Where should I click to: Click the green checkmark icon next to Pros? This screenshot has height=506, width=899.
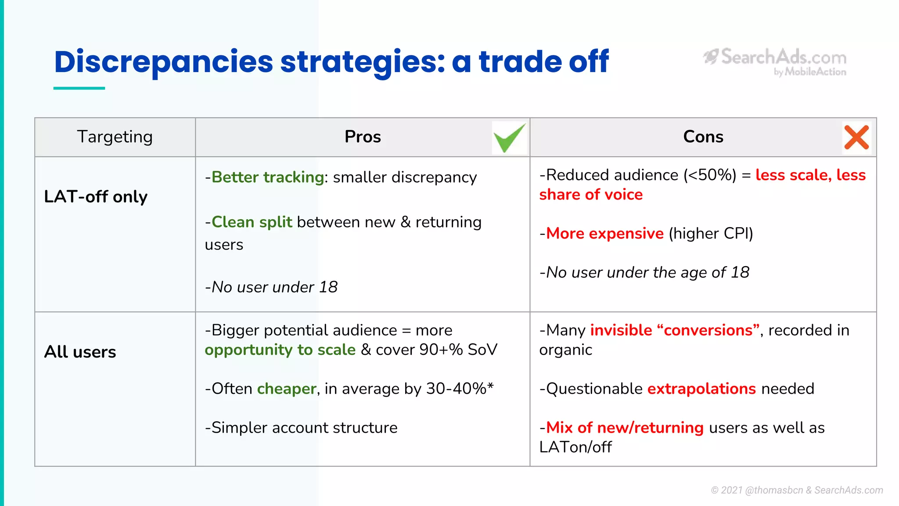(509, 137)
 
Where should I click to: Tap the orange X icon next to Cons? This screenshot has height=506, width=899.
(856, 137)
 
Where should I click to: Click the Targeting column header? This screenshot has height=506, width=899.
(115, 137)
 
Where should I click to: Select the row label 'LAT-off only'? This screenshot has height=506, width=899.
(96, 196)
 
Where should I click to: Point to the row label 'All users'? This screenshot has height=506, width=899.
(80, 351)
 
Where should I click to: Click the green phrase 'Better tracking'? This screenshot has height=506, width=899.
(268, 177)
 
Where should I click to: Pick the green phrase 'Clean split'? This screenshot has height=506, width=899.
(252, 222)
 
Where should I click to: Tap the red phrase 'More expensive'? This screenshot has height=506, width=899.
(604, 233)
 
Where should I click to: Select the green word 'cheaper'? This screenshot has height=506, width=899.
(286, 388)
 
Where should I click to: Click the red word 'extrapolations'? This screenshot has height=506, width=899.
(701, 388)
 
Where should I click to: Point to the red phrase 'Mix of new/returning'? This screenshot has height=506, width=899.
(625, 427)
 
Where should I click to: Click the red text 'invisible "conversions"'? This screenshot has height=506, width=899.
(675, 330)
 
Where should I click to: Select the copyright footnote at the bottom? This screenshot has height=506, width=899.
(797, 490)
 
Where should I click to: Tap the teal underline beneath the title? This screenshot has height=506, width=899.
(79, 88)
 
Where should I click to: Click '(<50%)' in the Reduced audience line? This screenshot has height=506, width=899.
(709, 175)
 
